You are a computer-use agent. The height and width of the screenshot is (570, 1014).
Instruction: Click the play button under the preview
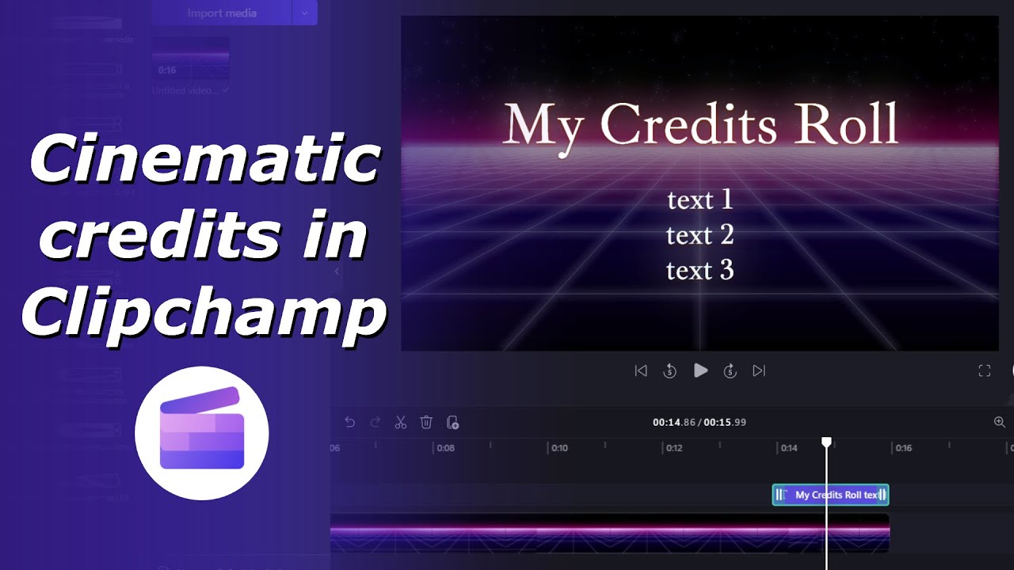tap(700, 370)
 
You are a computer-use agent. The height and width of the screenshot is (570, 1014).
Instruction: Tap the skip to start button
tap(641, 370)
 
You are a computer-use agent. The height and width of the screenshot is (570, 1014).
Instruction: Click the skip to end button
tap(759, 370)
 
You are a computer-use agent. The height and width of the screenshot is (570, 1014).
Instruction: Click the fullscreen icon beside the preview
tap(985, 370)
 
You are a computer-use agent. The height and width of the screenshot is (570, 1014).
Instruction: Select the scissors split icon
tap(401, 423)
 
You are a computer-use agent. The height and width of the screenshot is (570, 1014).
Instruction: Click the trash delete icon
tap(426, 423)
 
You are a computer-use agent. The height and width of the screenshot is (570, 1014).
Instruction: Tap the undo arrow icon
tap(350, 423)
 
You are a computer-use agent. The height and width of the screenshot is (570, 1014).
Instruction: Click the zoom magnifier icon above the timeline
tap(1000, 423)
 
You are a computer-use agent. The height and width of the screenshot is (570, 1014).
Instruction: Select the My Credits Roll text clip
tap(830, 495)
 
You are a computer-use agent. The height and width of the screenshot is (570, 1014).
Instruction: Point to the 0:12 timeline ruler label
tap(674, 448)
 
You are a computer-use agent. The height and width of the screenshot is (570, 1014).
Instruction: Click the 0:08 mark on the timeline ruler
tap(446, 448)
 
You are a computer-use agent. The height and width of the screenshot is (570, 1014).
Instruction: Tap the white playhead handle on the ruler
tap(826, 442)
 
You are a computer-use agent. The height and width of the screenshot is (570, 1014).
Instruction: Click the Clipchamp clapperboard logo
tap(202, 433)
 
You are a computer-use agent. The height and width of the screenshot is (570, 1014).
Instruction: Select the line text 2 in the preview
tap(700, 235)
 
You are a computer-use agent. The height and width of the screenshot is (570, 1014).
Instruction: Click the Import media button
tap(222, 13)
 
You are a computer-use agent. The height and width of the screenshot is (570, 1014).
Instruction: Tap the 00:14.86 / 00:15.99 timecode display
tap(700, 423)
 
